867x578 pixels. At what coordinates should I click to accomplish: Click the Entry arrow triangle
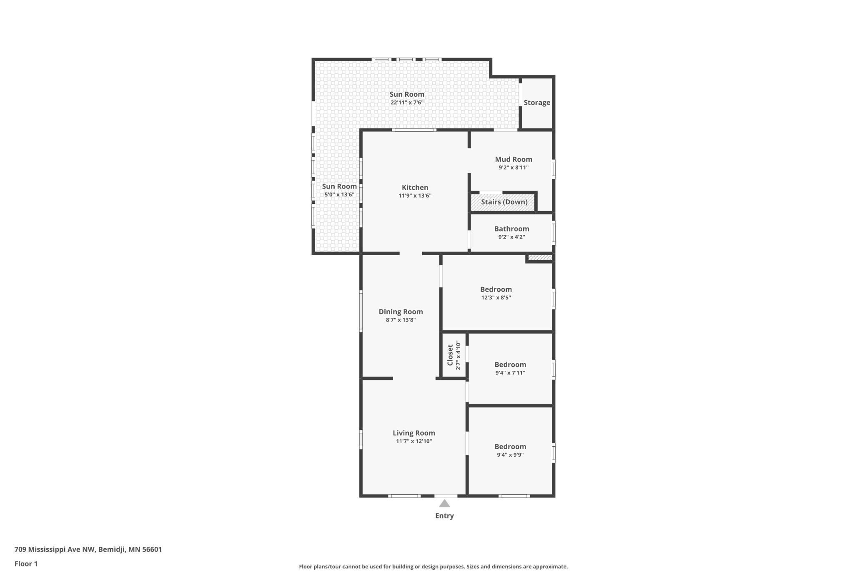[x=444, y=503]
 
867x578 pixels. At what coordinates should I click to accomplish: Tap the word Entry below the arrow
[x=444, y=516]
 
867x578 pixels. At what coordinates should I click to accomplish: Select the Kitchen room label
[x=415, y=188]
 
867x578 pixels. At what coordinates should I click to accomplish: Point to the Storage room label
[x=537, y=103]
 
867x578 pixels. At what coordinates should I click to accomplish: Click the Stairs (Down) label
[x=504, y=202]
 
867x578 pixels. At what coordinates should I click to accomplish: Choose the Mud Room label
[x=514, y=159]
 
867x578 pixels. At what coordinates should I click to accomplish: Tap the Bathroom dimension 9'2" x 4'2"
[x=511, y=237]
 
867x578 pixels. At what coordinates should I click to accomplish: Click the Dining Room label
[x=401, y=312]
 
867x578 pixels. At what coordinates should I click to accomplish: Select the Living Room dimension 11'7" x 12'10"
[x=414, y=441]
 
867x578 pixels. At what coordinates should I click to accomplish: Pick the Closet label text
[x=450, y=355]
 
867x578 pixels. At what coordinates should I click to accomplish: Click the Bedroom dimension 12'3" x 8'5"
[x=496, y=298]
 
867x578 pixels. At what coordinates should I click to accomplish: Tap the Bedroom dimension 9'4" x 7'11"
[x=510, y=373]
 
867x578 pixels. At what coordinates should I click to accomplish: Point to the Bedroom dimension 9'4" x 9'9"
[x=510, y=455]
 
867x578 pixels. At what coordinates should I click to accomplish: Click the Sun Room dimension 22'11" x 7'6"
[x=407, y=103]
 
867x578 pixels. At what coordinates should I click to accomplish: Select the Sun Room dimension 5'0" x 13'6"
[x=339, y=195]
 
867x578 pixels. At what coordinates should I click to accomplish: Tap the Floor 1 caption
[x=26, y=564]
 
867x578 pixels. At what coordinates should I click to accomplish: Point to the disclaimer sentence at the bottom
[x=433, y=566]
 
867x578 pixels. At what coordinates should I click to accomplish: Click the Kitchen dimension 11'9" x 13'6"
[x=415, y=196]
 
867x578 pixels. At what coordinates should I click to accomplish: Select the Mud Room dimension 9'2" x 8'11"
[x=514, y=168]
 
